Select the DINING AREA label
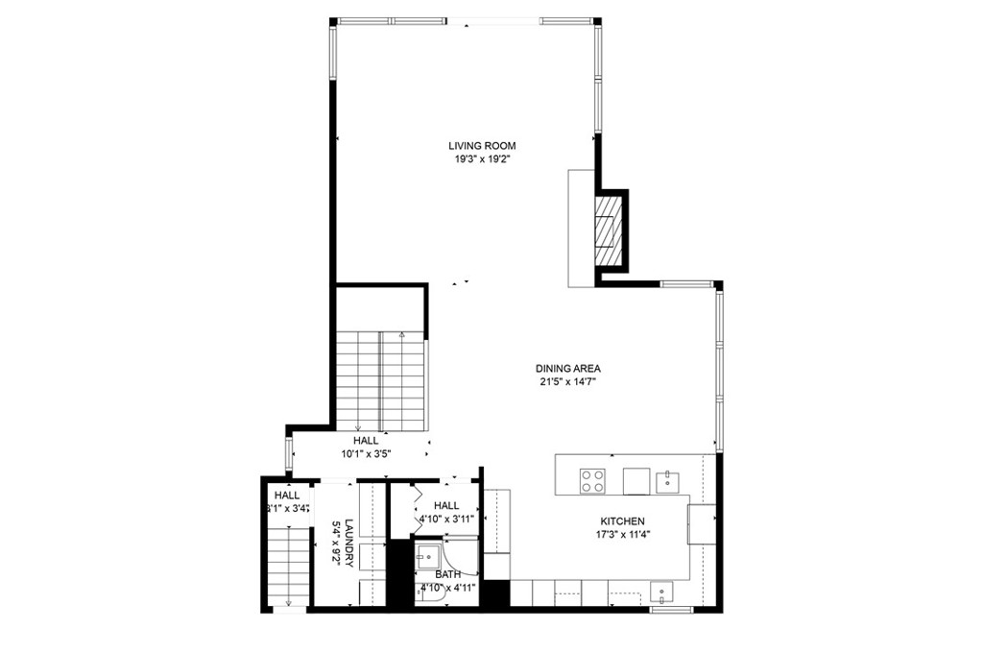pos(567,368)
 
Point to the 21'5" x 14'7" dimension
pos(567,381)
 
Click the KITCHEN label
pos(623,520)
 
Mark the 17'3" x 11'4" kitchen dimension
pos(623,535)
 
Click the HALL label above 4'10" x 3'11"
pos(445,506)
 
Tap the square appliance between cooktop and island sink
pos(635,478)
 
